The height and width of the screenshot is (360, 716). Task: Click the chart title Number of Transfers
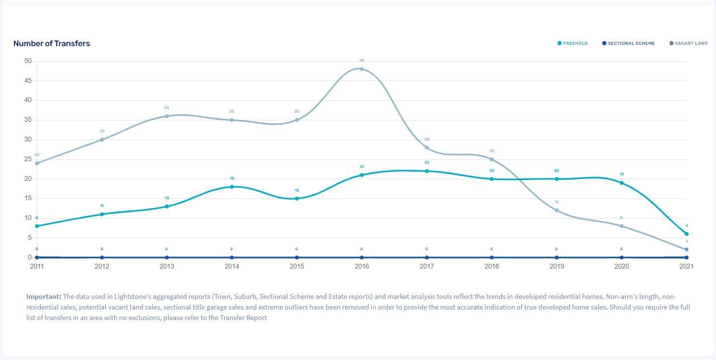coord(52,43)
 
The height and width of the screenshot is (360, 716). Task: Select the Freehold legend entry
coord(573,43)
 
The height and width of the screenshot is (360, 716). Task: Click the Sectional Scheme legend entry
coord(628,43)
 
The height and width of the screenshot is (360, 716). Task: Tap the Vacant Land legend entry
coord(689,43)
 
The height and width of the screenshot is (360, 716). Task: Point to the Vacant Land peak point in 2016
coord(362,69)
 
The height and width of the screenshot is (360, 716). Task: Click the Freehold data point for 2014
coord(232,187)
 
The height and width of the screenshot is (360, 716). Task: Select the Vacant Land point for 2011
coord(37,163)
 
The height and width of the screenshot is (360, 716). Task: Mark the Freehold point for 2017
coord(427,171)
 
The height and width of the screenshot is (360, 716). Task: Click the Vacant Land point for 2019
coord(557,210)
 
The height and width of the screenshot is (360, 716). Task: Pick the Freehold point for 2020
coord(622,183)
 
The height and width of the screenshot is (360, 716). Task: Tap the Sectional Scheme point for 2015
coord(297,257)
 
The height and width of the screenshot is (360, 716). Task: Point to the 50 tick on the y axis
coord(27,61)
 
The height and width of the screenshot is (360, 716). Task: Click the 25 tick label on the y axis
coord(27,159)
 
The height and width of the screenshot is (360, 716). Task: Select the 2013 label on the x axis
coord(167,266)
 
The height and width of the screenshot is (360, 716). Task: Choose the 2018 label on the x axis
coord(492,266)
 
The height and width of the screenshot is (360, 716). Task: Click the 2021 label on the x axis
coord(686,266)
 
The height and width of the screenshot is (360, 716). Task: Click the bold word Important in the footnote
coord(44,296)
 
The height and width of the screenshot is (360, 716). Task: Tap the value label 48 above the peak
coord(362,61)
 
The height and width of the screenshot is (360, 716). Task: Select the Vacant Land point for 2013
coord(167,116)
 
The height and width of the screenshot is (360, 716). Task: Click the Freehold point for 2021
coord(687,234)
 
